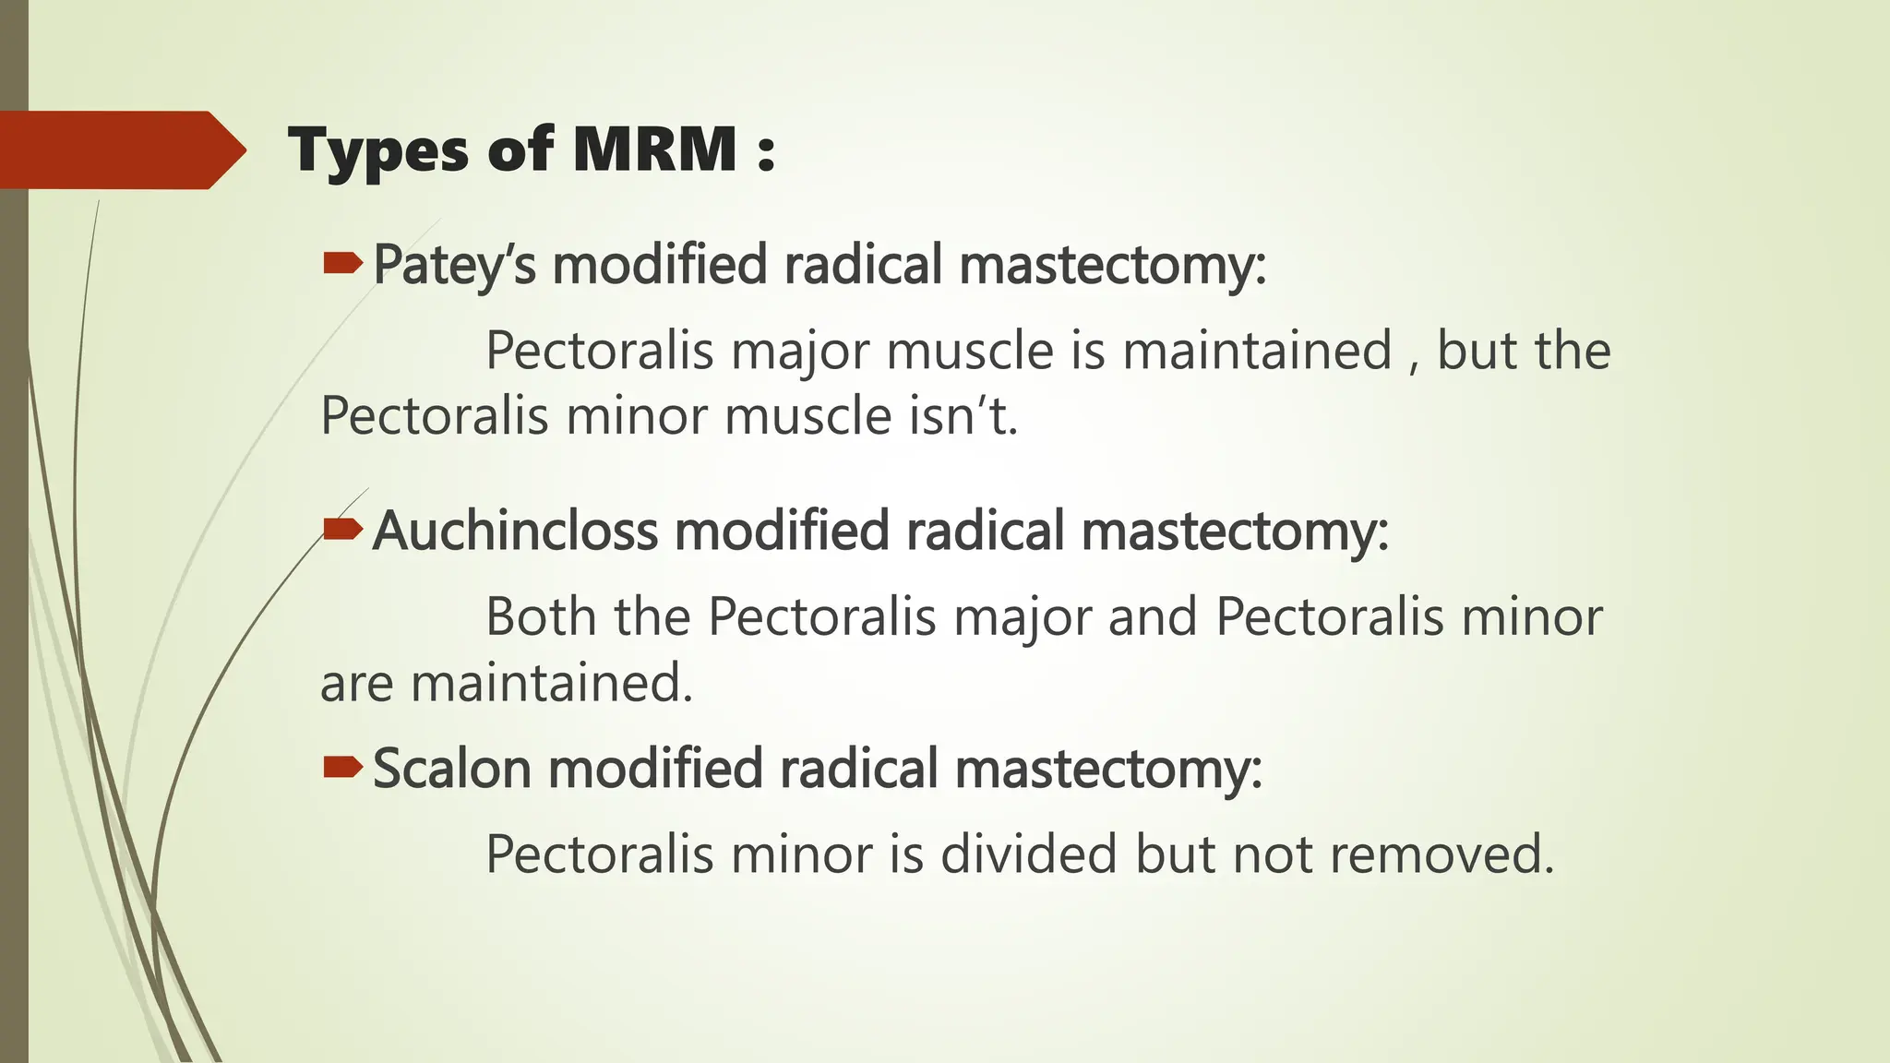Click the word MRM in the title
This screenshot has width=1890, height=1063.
point(654,149)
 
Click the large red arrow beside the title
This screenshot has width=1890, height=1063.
point(120,149)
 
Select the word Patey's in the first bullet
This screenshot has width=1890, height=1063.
point(454,266)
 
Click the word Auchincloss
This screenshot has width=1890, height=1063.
point(515,531)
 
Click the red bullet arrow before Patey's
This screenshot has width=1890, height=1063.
point(342,266)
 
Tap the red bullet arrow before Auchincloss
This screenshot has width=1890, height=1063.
point(342,530)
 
